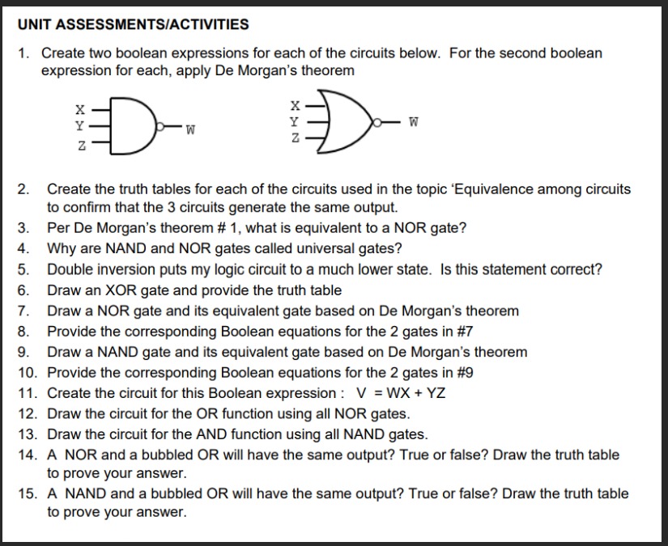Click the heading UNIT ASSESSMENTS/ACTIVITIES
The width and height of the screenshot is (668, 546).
pos(133,24)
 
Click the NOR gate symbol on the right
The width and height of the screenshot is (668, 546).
pos(340,123)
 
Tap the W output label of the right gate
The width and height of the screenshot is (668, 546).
pos(415,123)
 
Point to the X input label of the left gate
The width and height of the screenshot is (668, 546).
pos(79,108)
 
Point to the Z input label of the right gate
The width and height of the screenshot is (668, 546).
pos(296,140)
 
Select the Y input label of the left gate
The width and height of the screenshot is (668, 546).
pos(79,126)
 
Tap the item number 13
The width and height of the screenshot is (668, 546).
pos(28,435)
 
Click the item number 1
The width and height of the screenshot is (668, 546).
pos(24,53)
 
